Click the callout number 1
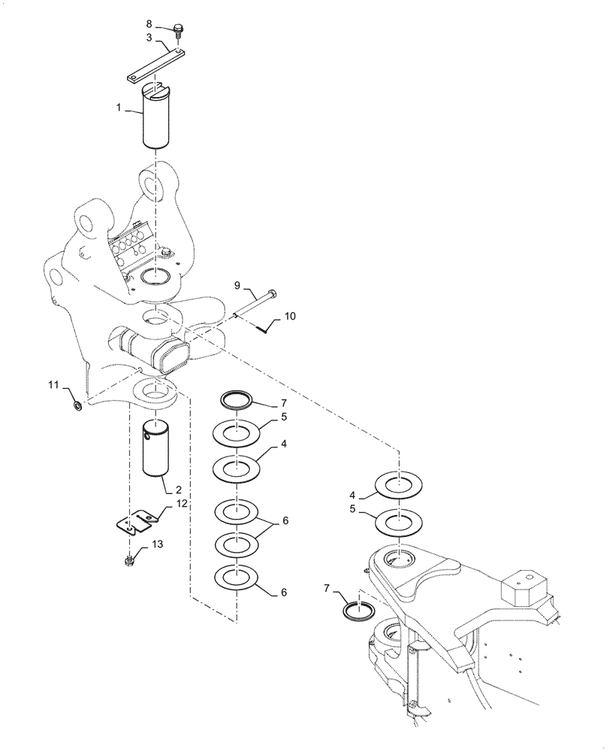[x=119, y=109]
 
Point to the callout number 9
[x=237, y=286]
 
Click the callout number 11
[x=53, y=386]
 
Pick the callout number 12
[x=183, y=503]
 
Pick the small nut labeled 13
[x=130, y=559]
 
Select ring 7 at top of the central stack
[x=237, y=399]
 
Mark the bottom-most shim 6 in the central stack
[x=237, y=578]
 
